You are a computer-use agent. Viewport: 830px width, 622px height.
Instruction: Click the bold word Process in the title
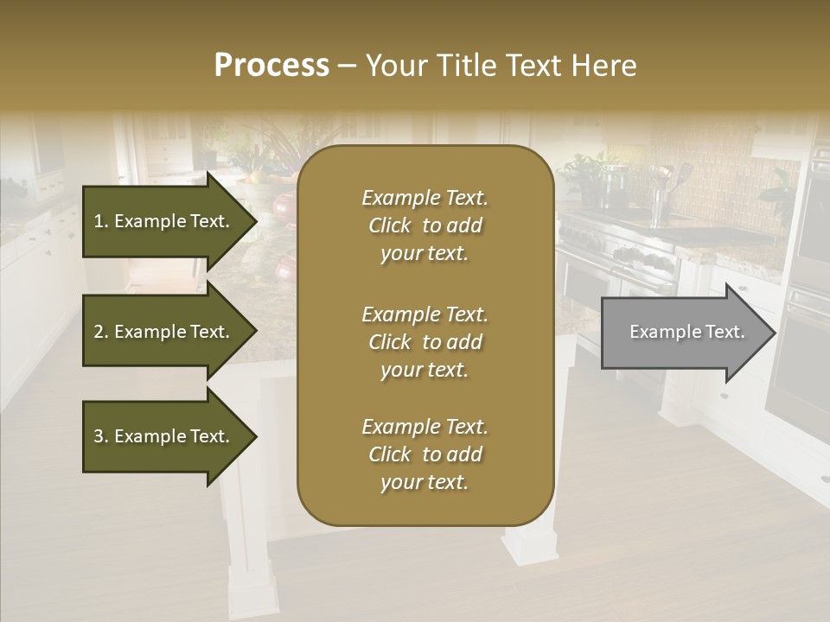271,65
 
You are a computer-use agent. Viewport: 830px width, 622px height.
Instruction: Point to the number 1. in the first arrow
101,221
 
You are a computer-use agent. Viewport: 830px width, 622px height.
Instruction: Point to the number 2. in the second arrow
101,332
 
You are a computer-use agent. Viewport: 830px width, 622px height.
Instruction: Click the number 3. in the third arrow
101,436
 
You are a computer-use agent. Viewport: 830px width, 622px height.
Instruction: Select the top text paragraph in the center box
425,225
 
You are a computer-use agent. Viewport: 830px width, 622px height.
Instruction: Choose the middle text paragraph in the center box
425,342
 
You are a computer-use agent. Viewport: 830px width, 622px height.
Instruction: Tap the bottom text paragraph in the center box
425,454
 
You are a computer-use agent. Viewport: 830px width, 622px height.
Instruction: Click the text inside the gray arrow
687,332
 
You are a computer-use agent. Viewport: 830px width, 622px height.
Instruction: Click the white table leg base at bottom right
530,544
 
